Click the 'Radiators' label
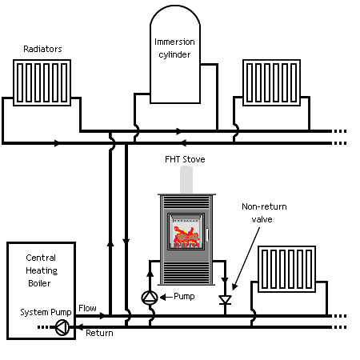pyautogui.click(x=42, y=49)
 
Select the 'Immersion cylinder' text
pyautogui.click(x=174, y=48)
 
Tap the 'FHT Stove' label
pyautogui.click(x=185, y=159)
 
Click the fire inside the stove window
pyautogui.click(x=186, y=237)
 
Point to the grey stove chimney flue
pyautogui.click(x=186, y=180)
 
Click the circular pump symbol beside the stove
pyautogui.click(x=150, y=298)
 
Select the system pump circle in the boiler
pyautogui.click(x=62, y=327)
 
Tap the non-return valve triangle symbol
pyautogui.click(x=225, y=300)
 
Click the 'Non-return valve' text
pyautogui.click(x=264, y=213)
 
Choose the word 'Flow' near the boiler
pyautogui.click(x=87, y=308)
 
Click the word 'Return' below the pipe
pyautogui.click(x=99, y=333)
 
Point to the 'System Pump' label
pyautogui.click(x=46, y=312)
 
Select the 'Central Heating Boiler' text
pyautogui.click(x=41, y=270)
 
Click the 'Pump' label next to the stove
pyautogui.click(x=184, y=296)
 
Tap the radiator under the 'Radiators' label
pyautogui.click(x=42, y=82)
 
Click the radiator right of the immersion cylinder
pyautogui.click(x=271, y=82)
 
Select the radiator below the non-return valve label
pyautogui.click(x=287, y=269)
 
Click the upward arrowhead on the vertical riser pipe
pyautogui.click(x=110, y=243)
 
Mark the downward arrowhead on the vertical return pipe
pyautogui.click(x=126, y=242)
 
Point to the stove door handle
pyautogui.click(x=207, y=234)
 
